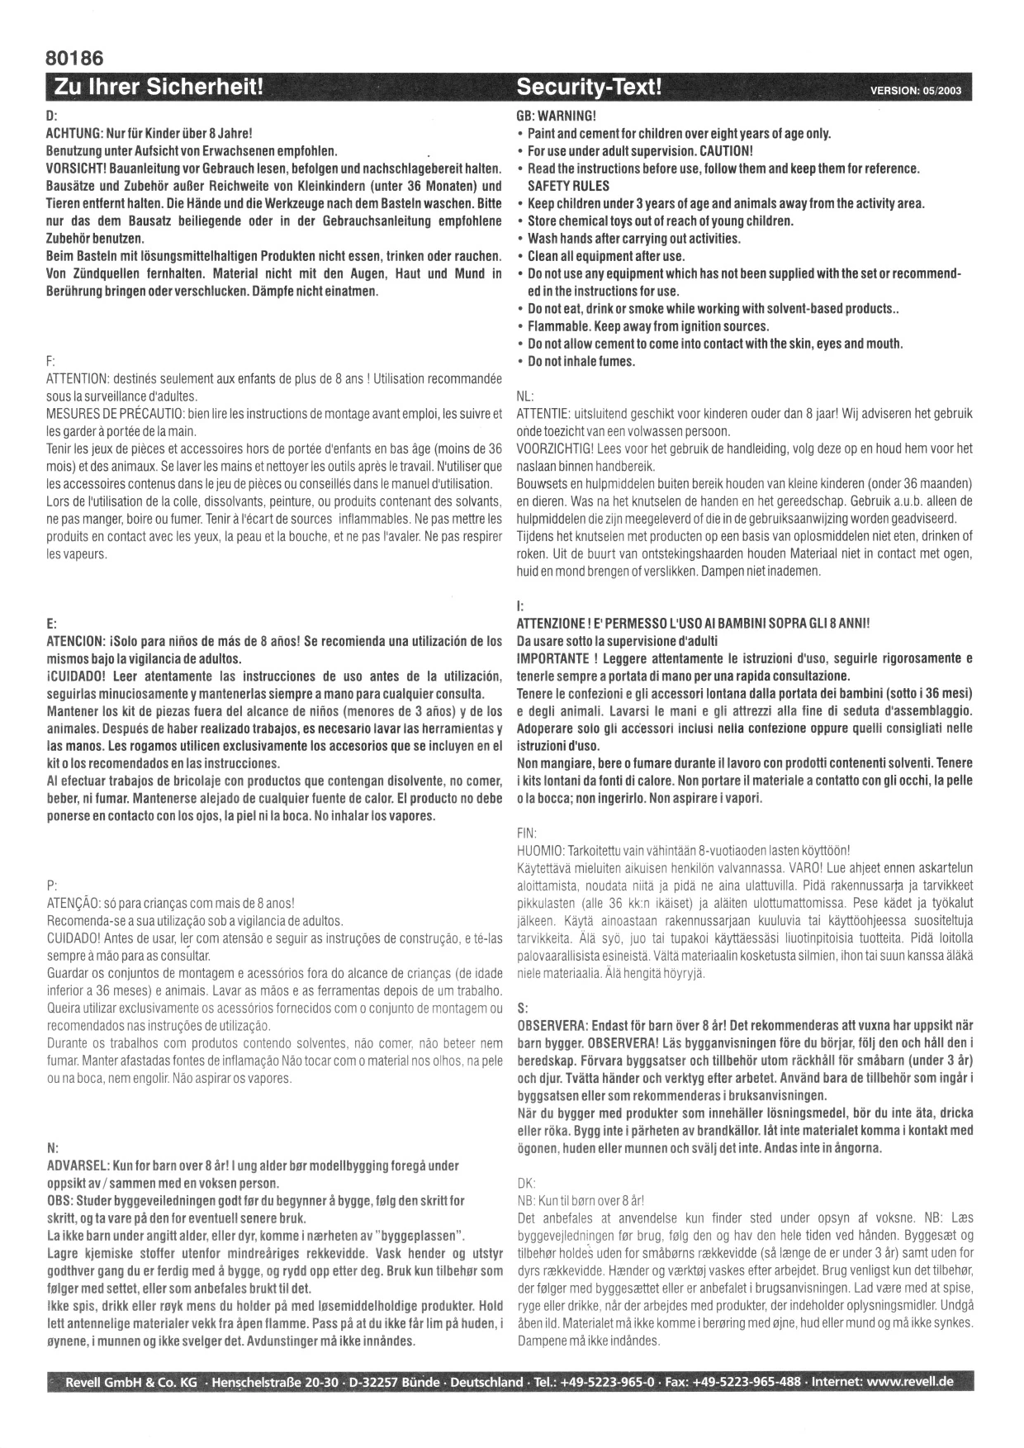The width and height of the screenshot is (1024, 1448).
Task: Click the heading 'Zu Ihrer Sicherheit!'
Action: [158, 87]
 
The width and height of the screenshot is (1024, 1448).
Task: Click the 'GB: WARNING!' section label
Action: [555, 116]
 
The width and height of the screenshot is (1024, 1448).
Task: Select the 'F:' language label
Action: [50, 362]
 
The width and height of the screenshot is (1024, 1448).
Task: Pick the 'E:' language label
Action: [51, 624]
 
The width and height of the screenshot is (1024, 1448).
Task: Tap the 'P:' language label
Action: [51, 885]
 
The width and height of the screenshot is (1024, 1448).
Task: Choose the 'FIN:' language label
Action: [526, 833]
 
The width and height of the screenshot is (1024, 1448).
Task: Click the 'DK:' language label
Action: [525, 1182]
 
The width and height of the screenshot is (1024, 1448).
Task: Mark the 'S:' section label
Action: [521, 1008]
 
